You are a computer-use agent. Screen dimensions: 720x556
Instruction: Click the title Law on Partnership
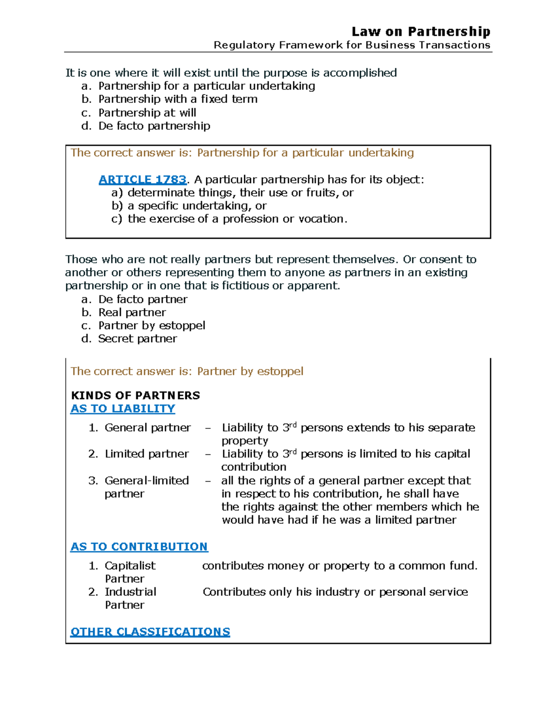click(421, 32)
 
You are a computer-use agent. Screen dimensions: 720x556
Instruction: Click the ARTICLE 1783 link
click(143, 179)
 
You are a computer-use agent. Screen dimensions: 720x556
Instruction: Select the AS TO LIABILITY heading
click(123, 408)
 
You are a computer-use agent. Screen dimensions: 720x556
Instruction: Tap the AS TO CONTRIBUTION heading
click(139, 547)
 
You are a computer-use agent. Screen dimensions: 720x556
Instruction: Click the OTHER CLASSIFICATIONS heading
click(150, 632)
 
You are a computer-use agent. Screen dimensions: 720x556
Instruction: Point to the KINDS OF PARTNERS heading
click(135, 395)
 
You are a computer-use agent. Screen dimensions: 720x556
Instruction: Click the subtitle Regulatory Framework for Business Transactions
click(352, 45)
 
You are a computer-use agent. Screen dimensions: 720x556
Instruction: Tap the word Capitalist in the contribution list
click(130, 566)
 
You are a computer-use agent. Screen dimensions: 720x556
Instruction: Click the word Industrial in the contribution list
click(130, 592)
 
